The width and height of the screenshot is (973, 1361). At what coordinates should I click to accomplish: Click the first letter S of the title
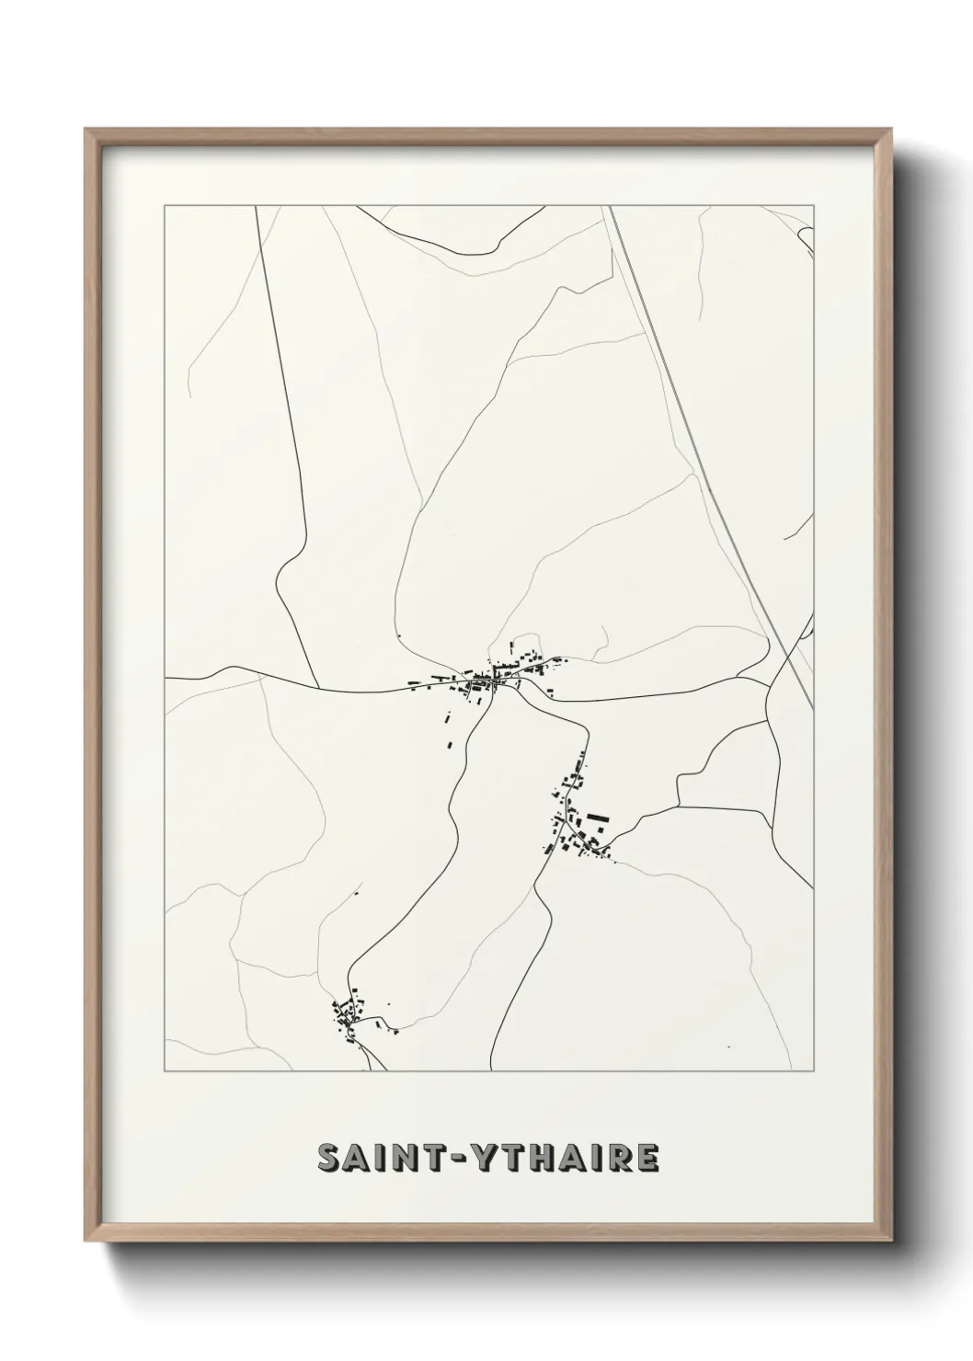[328, 1158]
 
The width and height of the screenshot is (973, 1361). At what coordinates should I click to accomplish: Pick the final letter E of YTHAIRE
[647, 1158]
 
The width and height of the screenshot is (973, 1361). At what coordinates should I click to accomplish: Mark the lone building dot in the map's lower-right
[727, 1046]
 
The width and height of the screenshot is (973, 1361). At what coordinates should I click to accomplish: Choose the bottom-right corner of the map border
[814, 1072]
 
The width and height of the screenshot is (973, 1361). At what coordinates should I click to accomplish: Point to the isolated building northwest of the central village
[400, 635]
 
